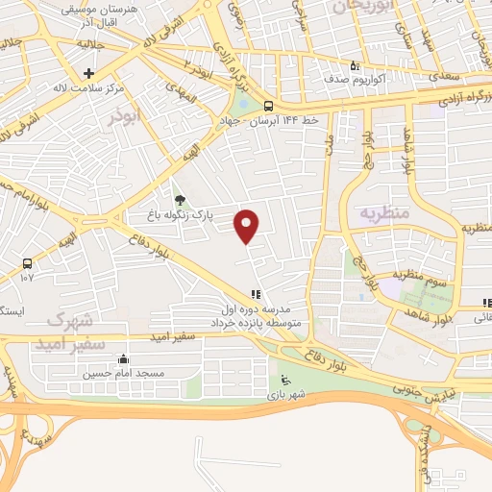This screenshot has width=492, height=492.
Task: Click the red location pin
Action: click(248, 226)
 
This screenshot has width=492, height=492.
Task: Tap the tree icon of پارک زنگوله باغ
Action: click(180, 201)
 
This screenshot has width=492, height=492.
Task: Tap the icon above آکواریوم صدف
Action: click(354, 66)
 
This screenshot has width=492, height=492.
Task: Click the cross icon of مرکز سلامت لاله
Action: click(88, 73)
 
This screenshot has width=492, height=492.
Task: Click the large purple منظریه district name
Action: click(384, 213)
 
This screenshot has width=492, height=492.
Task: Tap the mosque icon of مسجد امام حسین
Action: click(123, 359)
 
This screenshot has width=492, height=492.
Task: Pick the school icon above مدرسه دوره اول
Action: click(255, 295)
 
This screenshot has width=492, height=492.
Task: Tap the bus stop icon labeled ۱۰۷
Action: click(26, 262)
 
